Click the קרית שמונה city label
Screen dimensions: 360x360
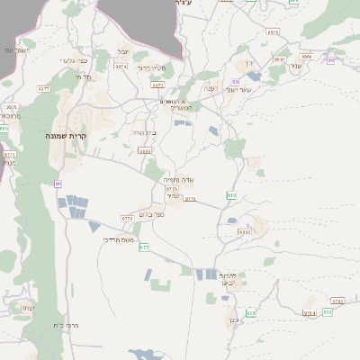point(65,135)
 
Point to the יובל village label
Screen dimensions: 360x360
point(123,52)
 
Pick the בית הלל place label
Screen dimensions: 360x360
point(143,133)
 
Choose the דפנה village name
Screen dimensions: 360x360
point(209,88)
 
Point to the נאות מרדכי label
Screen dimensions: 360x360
point(118,239)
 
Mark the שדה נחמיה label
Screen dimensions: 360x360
point(173,180)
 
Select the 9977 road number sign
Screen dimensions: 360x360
point(43,88)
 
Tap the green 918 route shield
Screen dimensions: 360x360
point(231,194)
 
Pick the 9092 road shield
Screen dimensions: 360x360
point(244,232)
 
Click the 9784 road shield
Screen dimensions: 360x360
point(310,312)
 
